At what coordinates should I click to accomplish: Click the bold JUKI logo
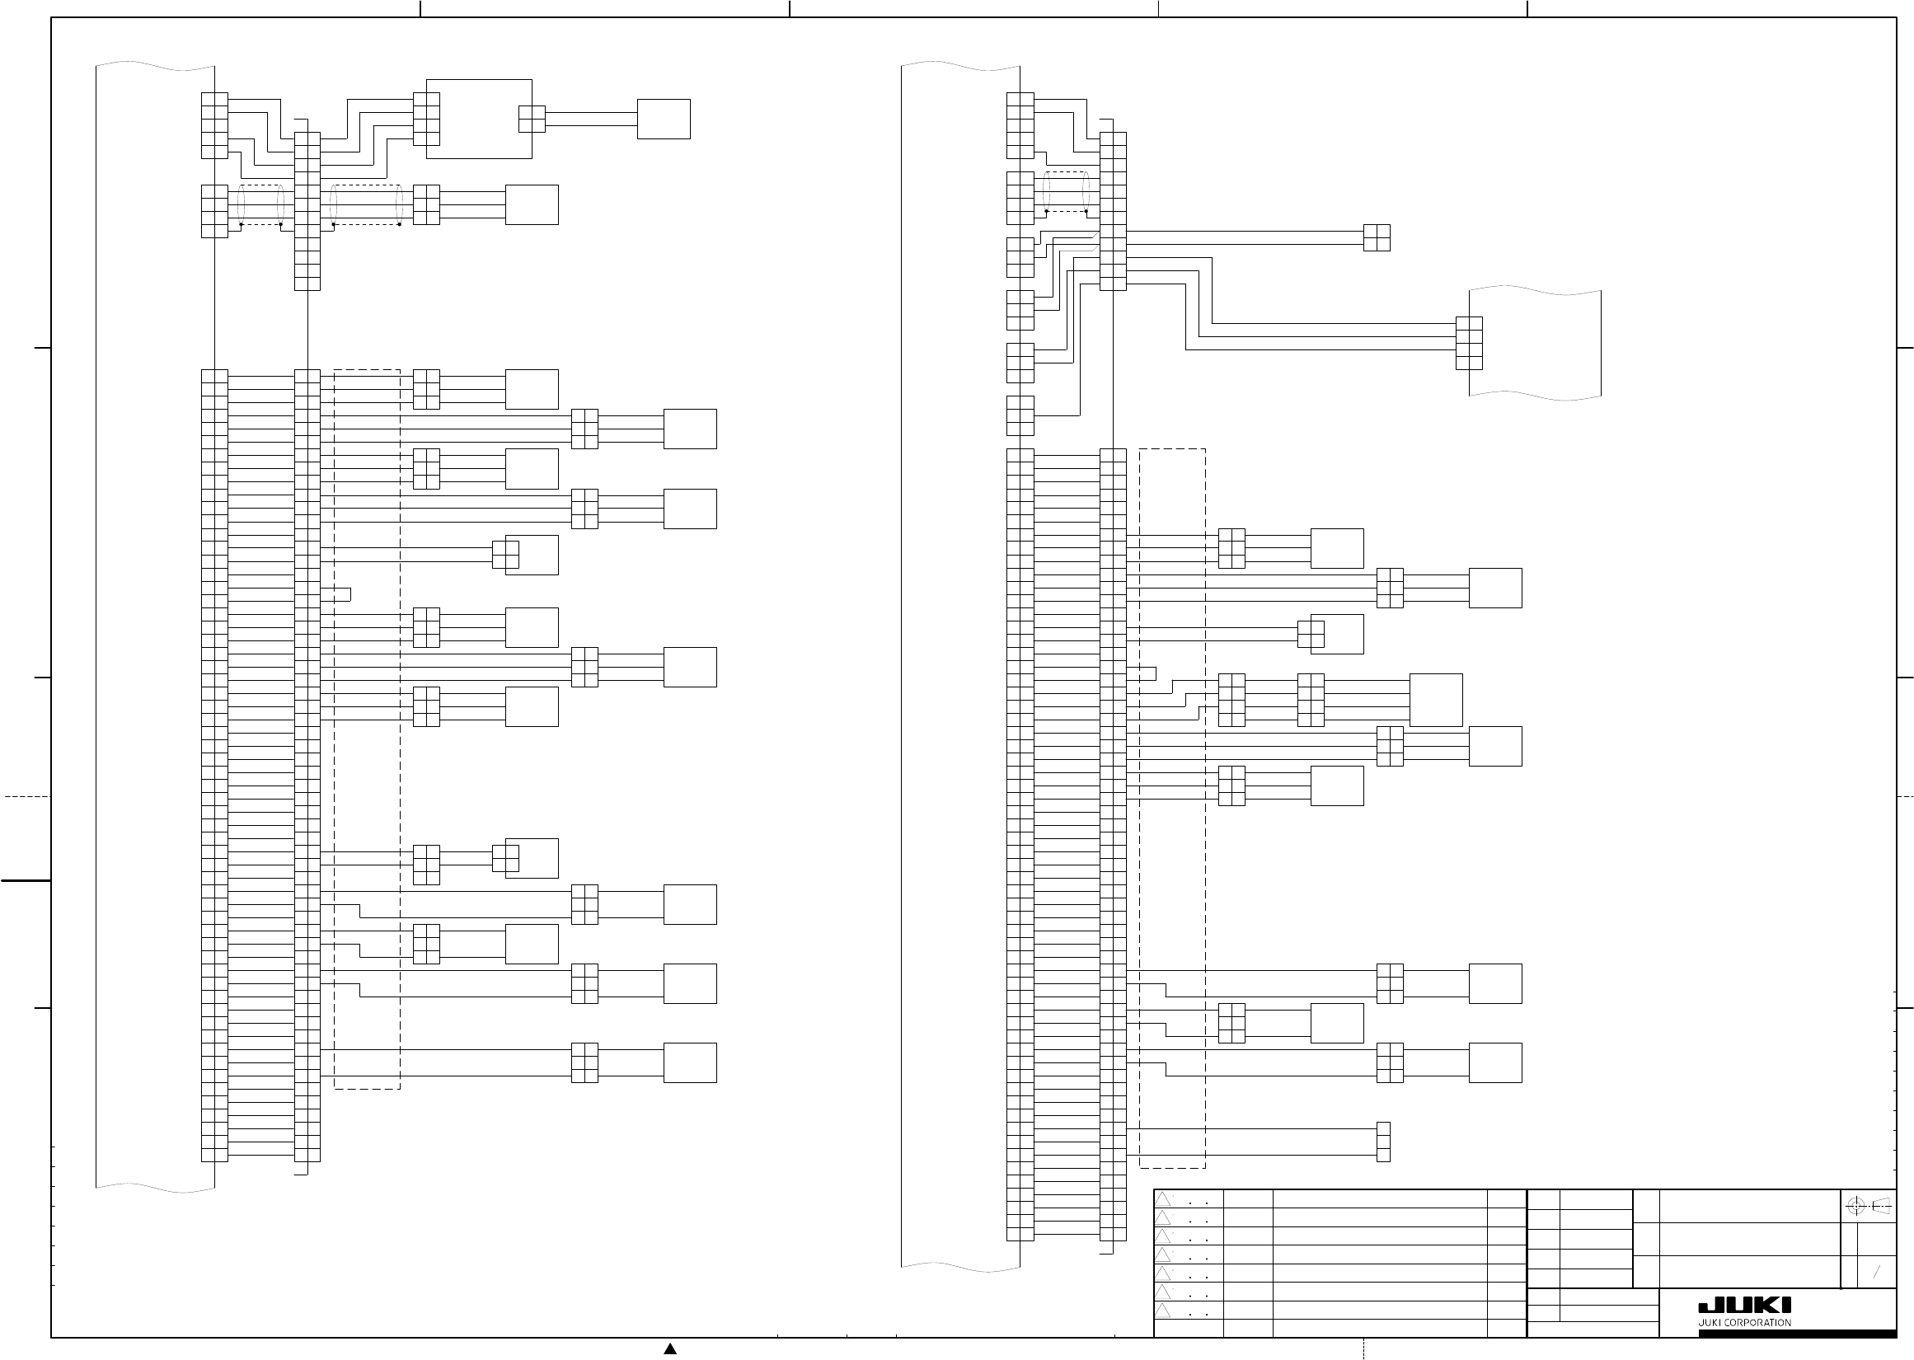1744,1306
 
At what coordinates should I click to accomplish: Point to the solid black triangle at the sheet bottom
670,1348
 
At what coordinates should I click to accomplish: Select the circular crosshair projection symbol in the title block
1855,1207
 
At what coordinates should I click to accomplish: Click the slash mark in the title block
1876,1272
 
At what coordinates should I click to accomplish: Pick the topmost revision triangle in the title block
1163,1199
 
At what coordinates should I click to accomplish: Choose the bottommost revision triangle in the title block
1163,1310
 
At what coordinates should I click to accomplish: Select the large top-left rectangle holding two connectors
479,119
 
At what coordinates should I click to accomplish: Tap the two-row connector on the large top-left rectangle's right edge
532,119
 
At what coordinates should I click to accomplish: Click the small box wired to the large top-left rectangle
663,119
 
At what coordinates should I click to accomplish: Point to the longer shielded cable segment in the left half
367,204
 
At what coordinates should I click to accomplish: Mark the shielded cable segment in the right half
1067,192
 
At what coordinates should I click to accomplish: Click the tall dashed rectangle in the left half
367,729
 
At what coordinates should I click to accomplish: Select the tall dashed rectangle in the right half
1172,808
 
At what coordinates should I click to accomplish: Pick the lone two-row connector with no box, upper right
1377,238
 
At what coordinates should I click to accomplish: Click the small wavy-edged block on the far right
1535,344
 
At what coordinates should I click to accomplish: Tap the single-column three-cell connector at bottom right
1383,1142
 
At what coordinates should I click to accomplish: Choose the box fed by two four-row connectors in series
1436,700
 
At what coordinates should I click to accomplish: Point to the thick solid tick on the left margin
25,881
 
